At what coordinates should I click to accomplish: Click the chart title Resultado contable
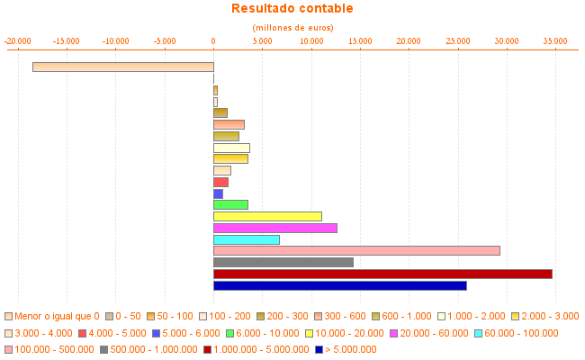pos(292,9)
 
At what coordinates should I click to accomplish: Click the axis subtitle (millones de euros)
pos(292,28)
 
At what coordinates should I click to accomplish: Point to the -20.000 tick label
pos(18,40)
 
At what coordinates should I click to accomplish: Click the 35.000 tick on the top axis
pos(555,40)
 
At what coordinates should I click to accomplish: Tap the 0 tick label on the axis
pos(213,40)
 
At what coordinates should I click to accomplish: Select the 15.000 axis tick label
pos(360,40)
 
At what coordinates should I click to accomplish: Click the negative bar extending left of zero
pos(123,67)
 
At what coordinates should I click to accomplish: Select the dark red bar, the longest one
pos(382,274)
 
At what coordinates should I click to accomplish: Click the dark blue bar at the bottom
pos(339,285)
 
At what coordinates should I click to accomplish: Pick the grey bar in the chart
pos(283,262)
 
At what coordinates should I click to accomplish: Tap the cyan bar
pos(246,239)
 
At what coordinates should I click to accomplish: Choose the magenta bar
pos(274,228)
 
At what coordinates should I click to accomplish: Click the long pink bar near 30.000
pos(356,250)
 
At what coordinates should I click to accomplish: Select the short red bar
pos(220,182)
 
